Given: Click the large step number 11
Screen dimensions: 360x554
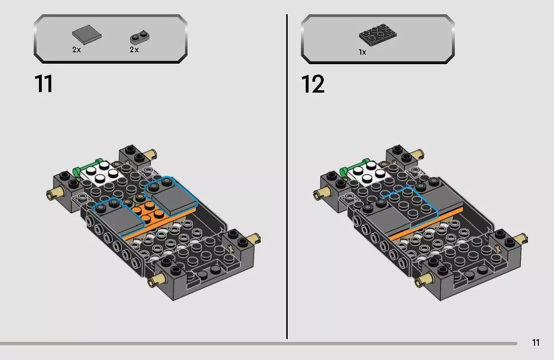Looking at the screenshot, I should [x=43, y=84].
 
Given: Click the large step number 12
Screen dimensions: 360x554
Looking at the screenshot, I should [x=313, y=84].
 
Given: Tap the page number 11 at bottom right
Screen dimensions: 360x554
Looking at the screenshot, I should [x=535, y=342].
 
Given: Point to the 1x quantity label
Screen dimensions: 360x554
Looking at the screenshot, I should [x=362, y=52].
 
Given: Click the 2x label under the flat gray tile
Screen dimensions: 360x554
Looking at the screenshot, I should [x=76, y=50].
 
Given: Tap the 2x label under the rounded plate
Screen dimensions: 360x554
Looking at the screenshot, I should [x=134, y=50].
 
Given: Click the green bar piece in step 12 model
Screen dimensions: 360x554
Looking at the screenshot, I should [x=354, y=166].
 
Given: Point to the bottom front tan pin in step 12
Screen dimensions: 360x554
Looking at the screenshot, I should [x=422, y=282].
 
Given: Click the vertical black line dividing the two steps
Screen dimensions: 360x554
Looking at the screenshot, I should [x=287, y=176].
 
